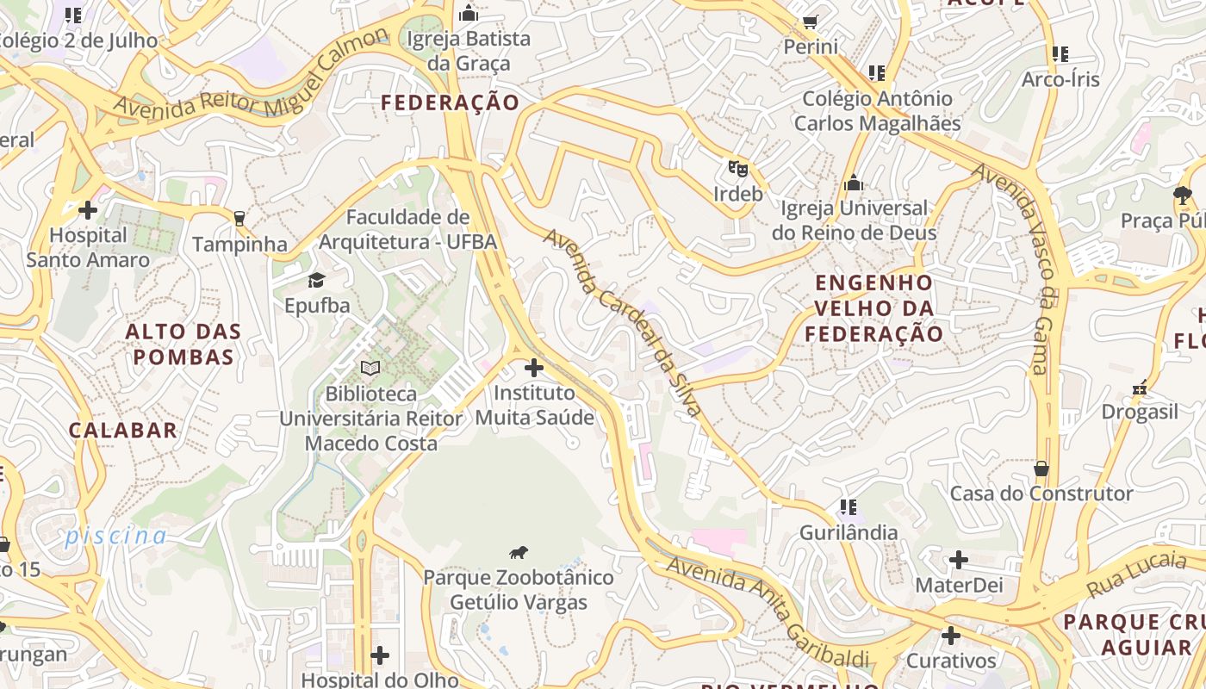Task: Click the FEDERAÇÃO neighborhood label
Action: [451, 103]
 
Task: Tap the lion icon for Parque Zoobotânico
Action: [518, 553]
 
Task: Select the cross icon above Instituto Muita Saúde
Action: [534, 369]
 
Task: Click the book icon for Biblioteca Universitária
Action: [370, 369]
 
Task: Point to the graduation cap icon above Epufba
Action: [317, 280]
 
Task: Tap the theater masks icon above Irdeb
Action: [737, 168]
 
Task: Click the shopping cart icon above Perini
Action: [810, 22]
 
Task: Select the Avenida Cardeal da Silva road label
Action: [623, 322]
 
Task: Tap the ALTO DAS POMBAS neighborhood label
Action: [183, 344]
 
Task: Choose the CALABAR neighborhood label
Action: [123, 430]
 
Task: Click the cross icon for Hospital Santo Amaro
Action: [87, 209]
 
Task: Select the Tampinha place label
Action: [239, 245]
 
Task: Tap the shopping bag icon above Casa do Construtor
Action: [1041, 469]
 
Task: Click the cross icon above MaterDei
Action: [959, 561]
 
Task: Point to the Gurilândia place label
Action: [849, 532]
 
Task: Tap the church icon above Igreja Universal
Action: [854, 183]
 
